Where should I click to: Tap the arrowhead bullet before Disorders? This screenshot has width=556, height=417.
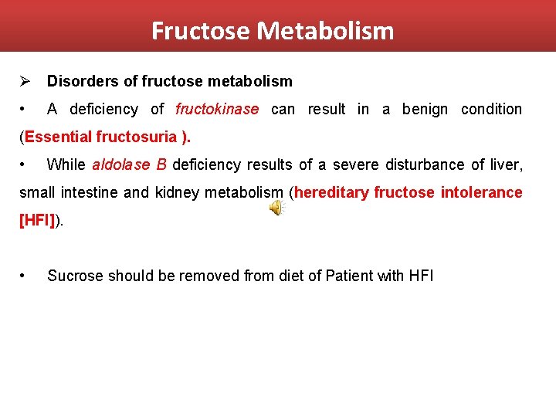(x=25, y=81)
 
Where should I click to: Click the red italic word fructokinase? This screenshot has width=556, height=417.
(x=217, y=109)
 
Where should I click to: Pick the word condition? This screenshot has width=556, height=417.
(x=491, y=109)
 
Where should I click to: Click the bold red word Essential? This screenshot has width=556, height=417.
(x=59, y=137)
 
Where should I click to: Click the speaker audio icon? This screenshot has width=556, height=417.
(x=276, y=208)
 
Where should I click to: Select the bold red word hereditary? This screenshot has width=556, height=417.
(x=331, y=192)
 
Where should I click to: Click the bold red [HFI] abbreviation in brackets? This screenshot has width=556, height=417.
(x=36, y=220)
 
